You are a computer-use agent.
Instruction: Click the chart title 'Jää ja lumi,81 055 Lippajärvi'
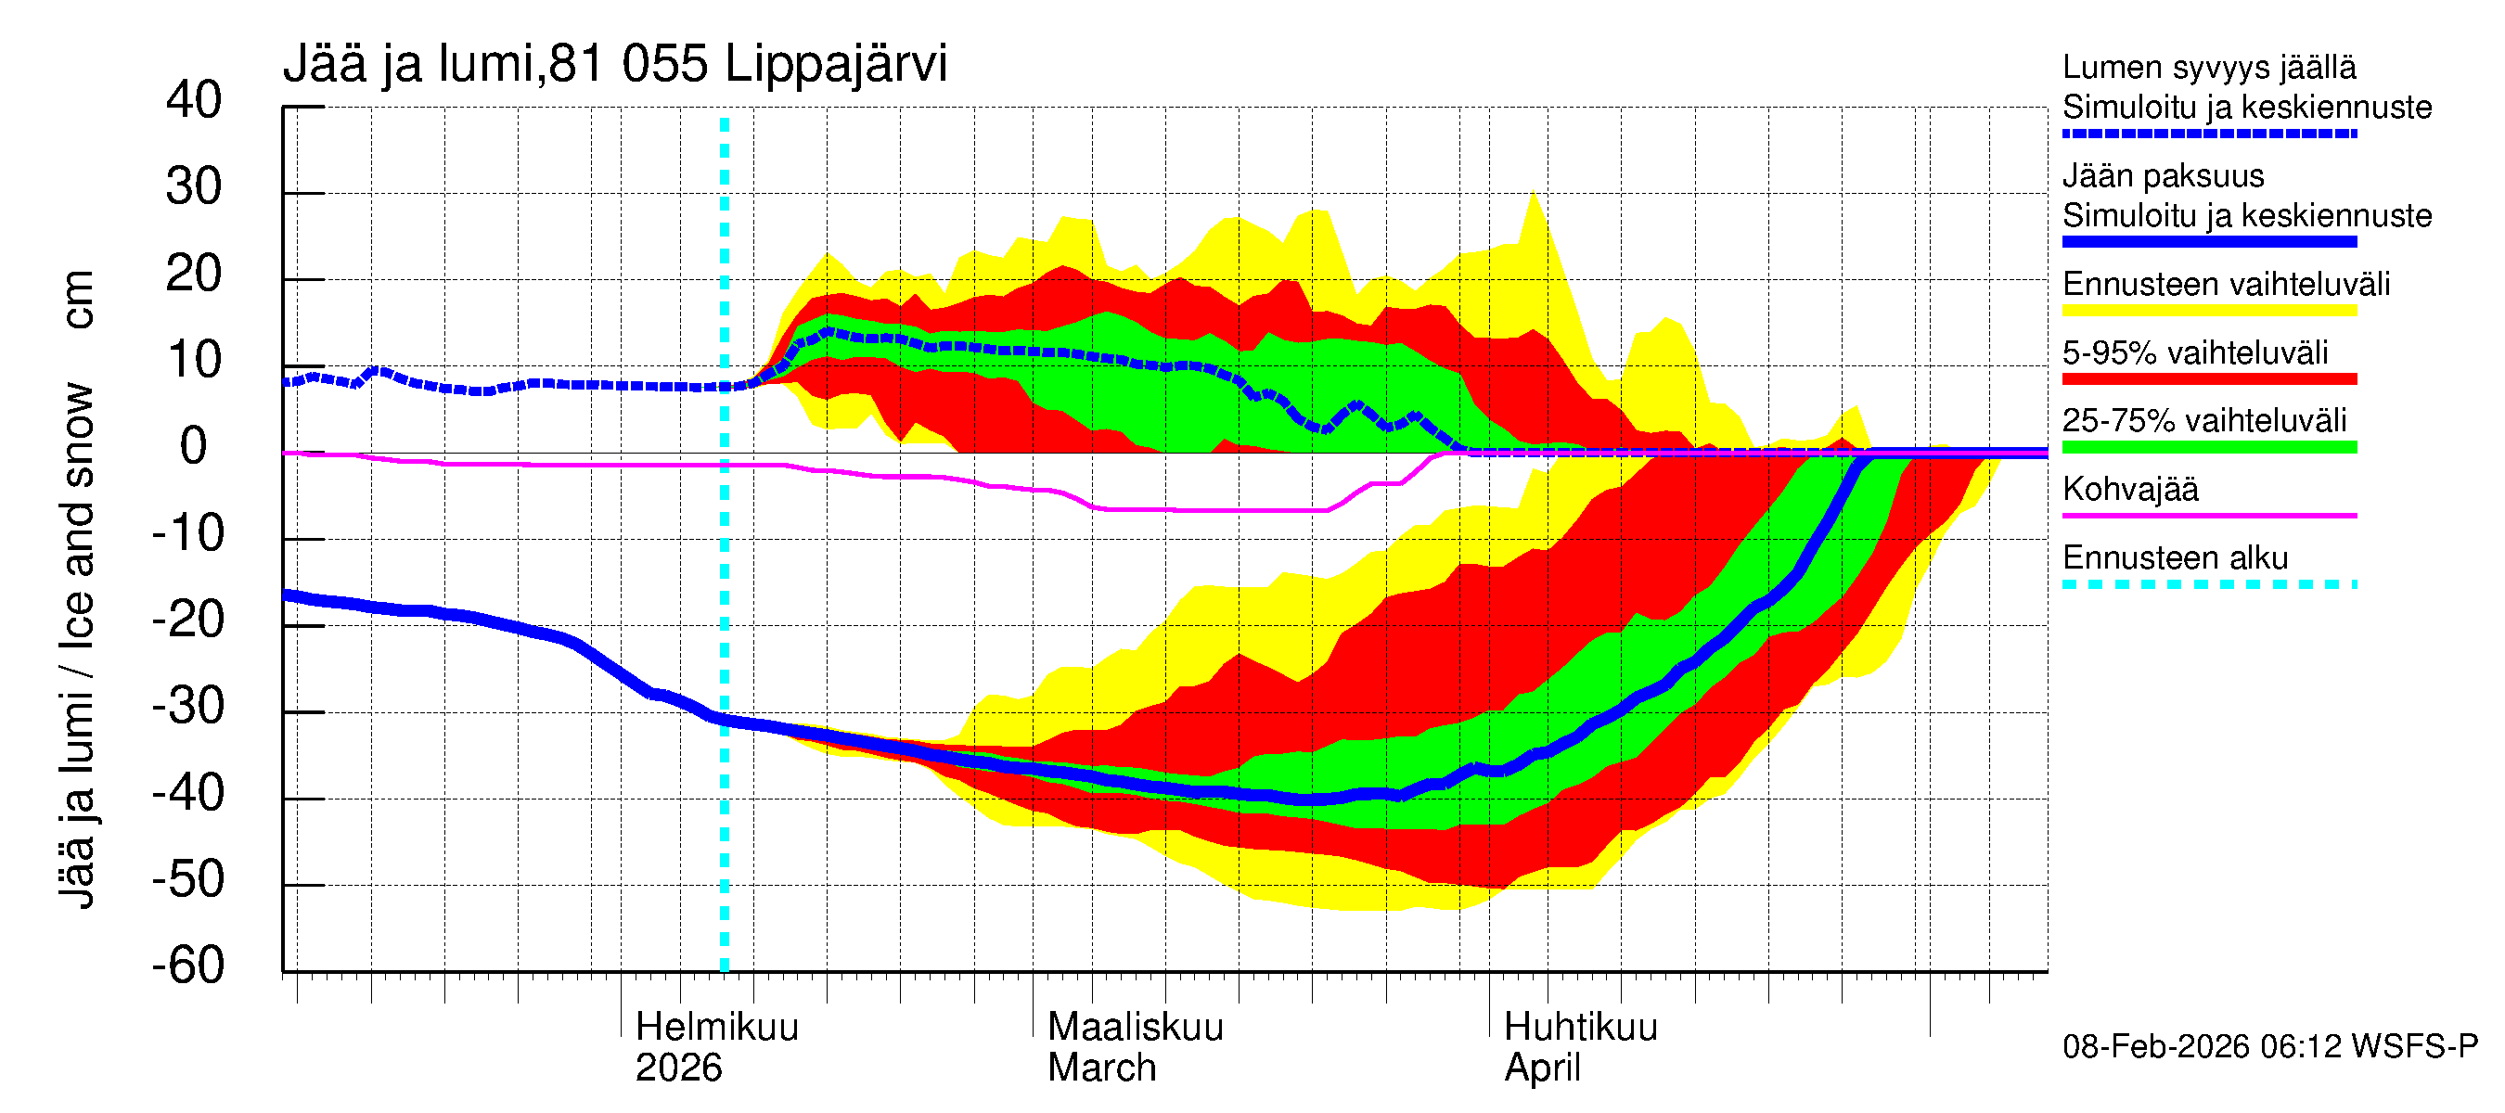pyautogui.click(x=614, y=64)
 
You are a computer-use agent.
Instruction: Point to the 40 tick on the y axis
pyautogui.click(x=194, y=100)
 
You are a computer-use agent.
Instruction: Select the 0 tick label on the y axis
pyautogui.click(x=194, y=446)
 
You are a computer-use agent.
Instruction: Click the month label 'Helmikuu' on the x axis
pyautogui.click(x=716, y=1028)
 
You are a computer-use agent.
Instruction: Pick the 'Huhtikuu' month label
pyautogui.click(x=1579, y=1028)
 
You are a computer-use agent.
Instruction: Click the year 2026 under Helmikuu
pyautogui.click(x=678, y=1068)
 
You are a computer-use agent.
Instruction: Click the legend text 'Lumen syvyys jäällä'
pyautogui.click(x=2208, y=67)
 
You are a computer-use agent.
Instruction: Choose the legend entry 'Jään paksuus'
pyautogui.click(x=2163, y=176)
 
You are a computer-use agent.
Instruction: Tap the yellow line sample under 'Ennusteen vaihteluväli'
pyautogui.click(x=2208, y=311)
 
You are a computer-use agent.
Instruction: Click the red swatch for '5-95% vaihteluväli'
pyautogui.click(x=2208, y=379)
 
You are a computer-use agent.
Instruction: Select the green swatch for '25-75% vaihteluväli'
pyautogui.click(x=2208, y=447)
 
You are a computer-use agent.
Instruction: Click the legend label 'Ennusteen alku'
pyautogui.click(x=2175, y=558)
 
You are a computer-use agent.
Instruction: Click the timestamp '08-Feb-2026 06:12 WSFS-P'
pyautogui.click(x=2269, y=1047)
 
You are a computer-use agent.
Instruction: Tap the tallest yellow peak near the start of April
pyautogui.click(x=1534, y=194)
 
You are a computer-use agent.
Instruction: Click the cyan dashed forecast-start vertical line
pyautogui.click(x=725, y=583)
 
